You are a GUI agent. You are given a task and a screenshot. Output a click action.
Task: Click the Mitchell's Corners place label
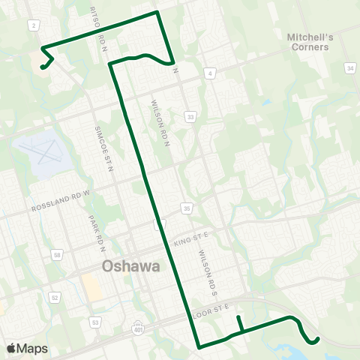[x=308, y=41]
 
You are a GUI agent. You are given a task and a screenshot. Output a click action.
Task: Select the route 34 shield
[x=350, y=68]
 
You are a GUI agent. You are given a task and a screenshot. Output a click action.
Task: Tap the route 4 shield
[x=211, y=73]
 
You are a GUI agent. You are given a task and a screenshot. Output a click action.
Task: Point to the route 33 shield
[x=191, y=116]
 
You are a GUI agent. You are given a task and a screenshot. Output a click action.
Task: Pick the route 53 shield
[x=95, y=322]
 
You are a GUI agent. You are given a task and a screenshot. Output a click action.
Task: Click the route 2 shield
[x=34, y=25]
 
